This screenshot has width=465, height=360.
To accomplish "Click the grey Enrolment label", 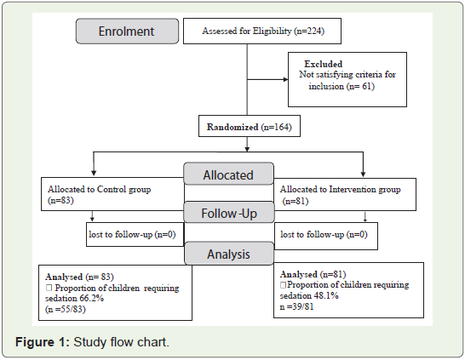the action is pos(127,31).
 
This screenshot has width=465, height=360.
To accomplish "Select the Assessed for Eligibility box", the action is pos(262,31).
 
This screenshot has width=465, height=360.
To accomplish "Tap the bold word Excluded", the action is pos(324,64).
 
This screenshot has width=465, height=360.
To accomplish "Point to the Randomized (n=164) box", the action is pos(250,126).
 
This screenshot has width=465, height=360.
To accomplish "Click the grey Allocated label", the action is pos(228,174).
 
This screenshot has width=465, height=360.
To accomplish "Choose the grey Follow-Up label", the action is pos(229,212).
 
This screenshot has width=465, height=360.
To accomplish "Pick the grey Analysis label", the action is pos(228,254).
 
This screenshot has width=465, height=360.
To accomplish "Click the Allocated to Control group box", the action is pos(112,194).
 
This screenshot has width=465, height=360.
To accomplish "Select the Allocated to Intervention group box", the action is pos(345,194).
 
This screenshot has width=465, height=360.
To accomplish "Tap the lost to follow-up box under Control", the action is pos(135,234).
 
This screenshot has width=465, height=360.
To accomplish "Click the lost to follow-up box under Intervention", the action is pos(326,236).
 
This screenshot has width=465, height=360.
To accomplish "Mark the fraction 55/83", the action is pos(72,309).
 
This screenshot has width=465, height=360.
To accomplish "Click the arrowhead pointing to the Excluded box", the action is pos(285,79).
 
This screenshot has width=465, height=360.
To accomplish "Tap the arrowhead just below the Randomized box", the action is pos(247,149).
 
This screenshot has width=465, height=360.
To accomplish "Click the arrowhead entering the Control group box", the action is pos(94,173).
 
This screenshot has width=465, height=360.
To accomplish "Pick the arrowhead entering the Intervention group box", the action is pos(363,174).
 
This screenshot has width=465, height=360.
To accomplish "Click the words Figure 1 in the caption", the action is pos(42,342).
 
